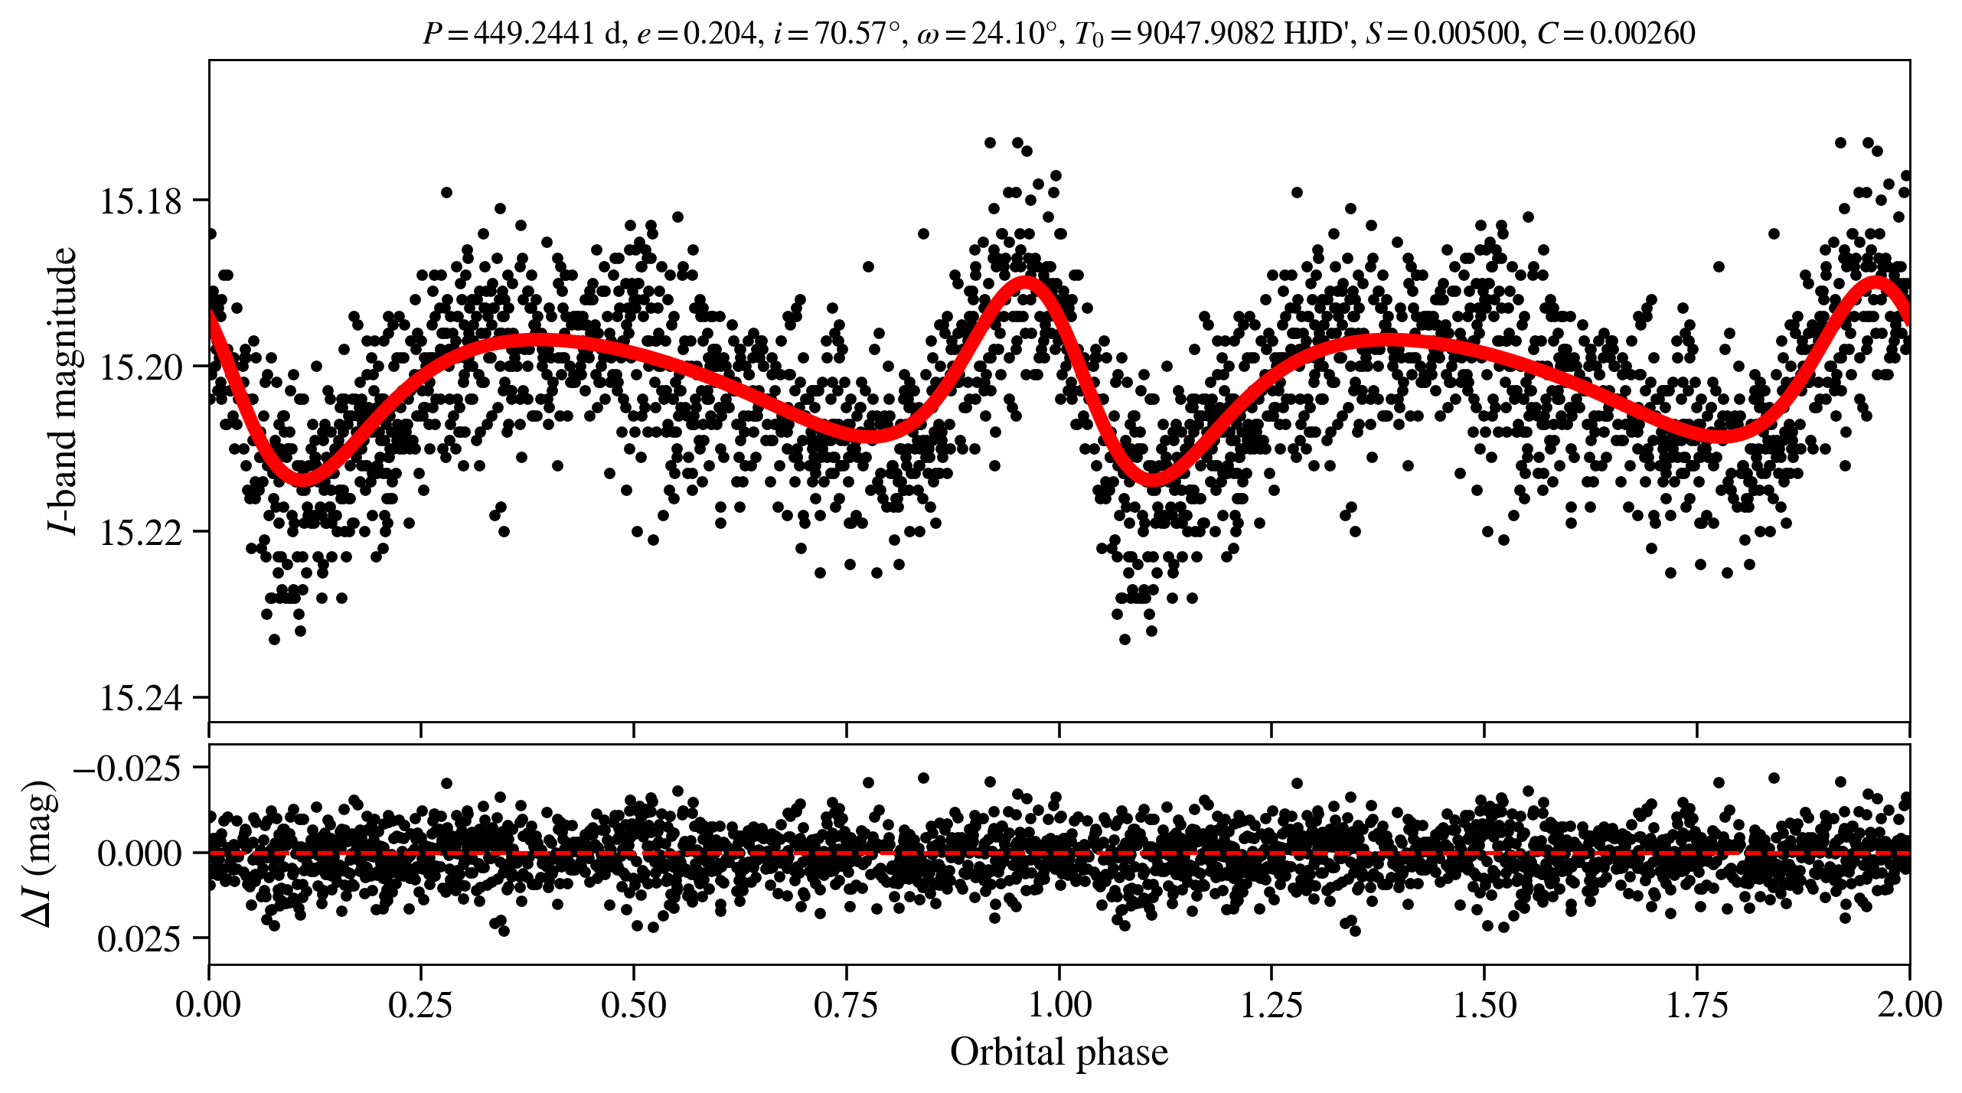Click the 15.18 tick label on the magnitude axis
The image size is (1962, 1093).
click(x=141, y=201)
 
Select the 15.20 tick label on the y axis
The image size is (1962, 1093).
click(x=141, y=367)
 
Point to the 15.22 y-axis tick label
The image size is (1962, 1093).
click(x=141, y=533)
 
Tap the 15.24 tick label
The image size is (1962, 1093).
click(x=141, y=699)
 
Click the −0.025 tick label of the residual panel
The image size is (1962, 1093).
click(x=128, y=768)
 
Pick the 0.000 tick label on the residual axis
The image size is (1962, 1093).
click(x=140, y=853)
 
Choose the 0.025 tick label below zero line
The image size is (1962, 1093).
click(x=140, y=939)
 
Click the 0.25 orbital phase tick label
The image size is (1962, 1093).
click(x=420, y=1004)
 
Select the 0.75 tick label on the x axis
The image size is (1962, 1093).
click(x=846, y=1004)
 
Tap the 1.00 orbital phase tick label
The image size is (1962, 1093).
click(x=1059, y=1004)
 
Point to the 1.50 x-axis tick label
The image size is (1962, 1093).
click(x=1484, y=1004)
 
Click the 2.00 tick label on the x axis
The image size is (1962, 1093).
click(x=1909, y=1004)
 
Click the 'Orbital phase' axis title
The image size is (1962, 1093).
click(x=1059, y=1052)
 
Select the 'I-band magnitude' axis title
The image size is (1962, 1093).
click(x=63, y=390)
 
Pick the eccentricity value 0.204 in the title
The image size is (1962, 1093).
click(x=720, y=34)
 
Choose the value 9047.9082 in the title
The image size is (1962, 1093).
click(x=1206, y=34)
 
